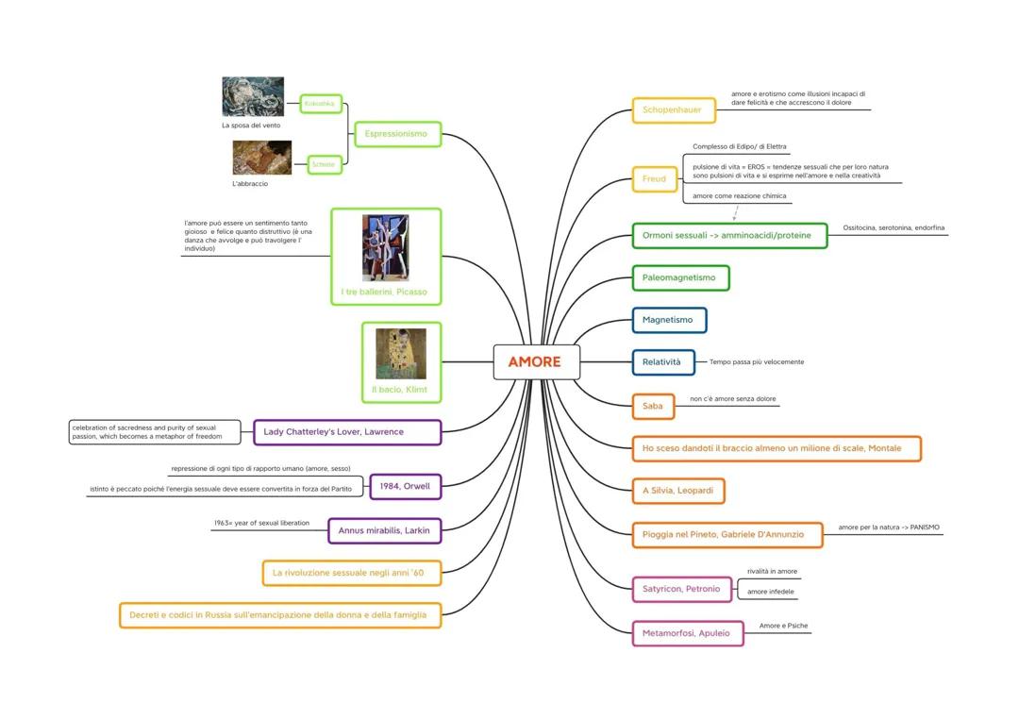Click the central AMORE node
(536, 361)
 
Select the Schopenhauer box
(673, 110)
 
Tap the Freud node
(654, 178)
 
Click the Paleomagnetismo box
(679, 277)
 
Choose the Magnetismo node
(668, 320)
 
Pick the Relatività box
(662, 362)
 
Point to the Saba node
(653, 407)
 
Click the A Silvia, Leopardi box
(677, 491)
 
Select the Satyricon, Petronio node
(681, 589)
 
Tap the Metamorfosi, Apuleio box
(687, 633)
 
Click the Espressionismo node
(396, 134)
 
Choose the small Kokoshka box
(320, 104)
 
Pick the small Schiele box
(324, 164)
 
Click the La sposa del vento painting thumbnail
(253, 97)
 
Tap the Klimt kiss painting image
(401, 353)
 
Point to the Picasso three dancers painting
(385, 247)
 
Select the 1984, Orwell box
(405, 487)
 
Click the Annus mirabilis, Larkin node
(384, 530)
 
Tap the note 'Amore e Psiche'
(783, 626)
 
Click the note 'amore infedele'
(771, 592)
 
